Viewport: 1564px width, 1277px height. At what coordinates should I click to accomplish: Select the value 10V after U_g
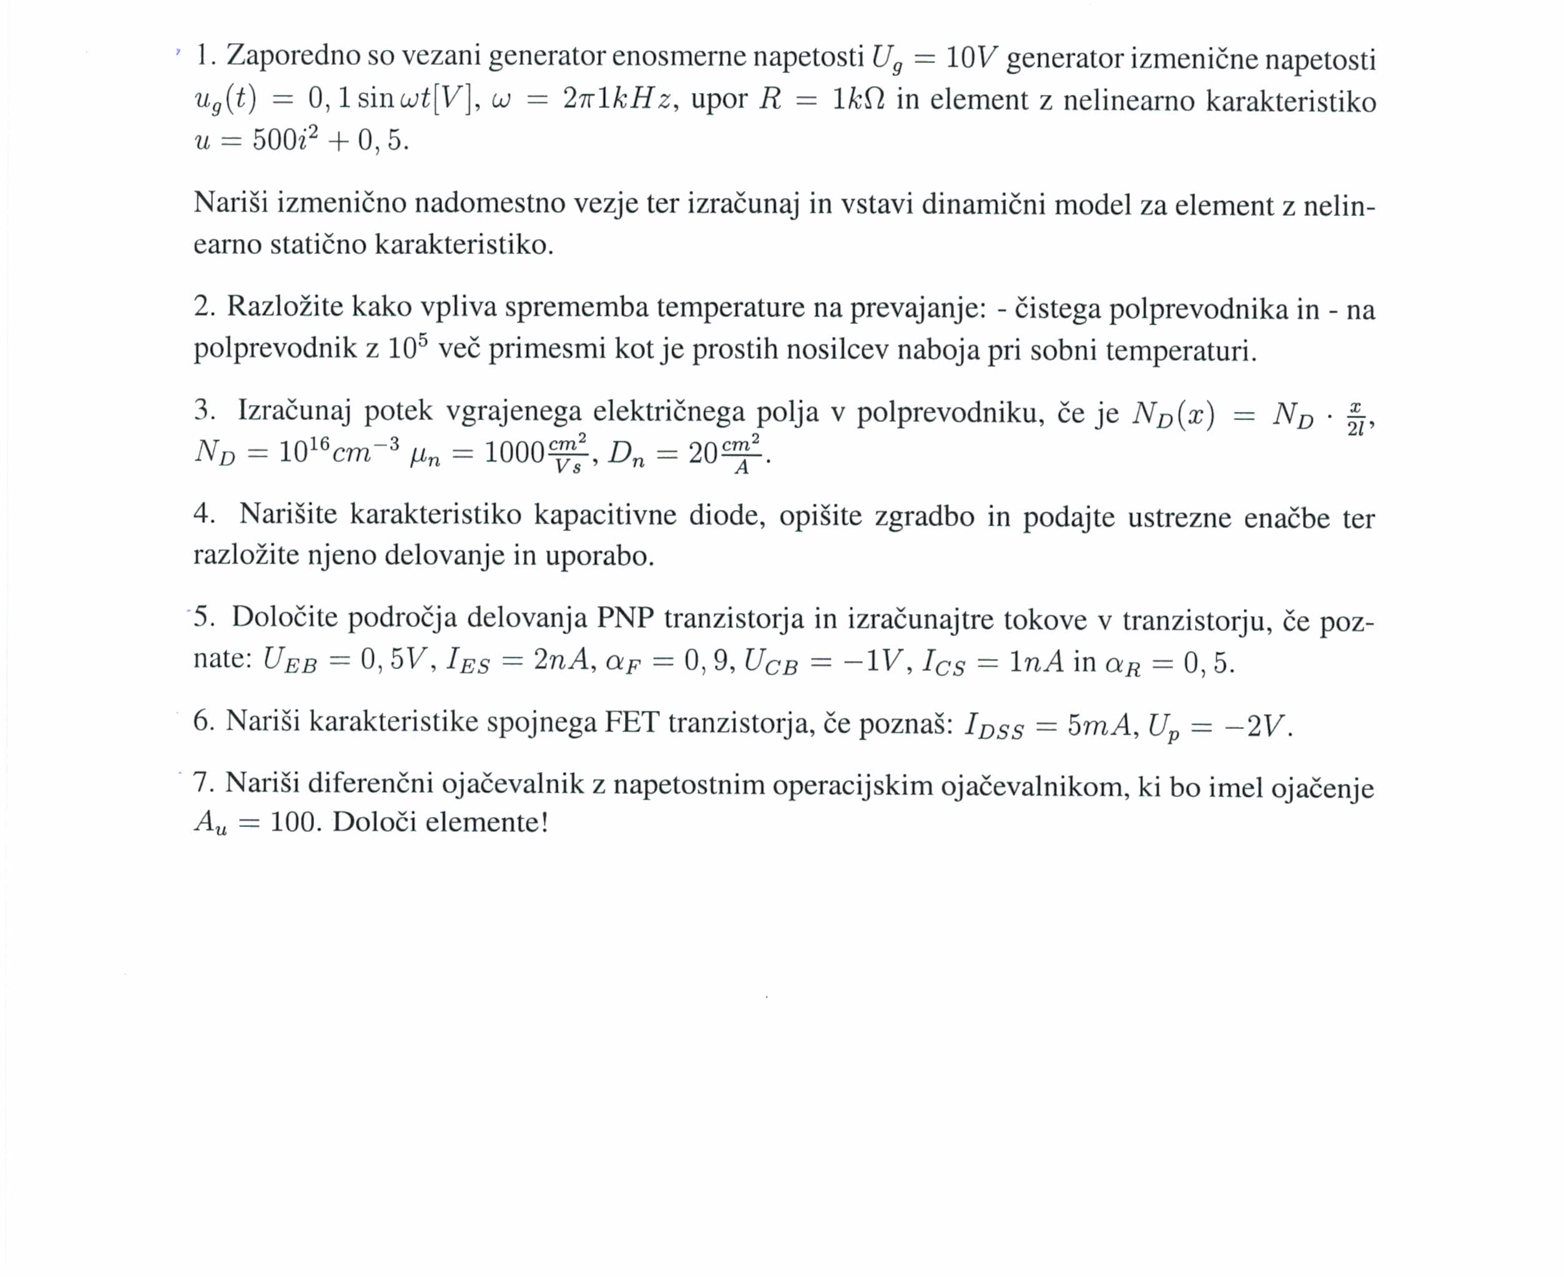tap(970, 57)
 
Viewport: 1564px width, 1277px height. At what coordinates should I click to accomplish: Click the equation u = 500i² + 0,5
tap(301, 140)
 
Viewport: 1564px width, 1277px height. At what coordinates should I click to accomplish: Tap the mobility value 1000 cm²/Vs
tap(536, 453)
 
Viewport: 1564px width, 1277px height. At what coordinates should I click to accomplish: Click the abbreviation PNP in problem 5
tap(624, 618)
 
